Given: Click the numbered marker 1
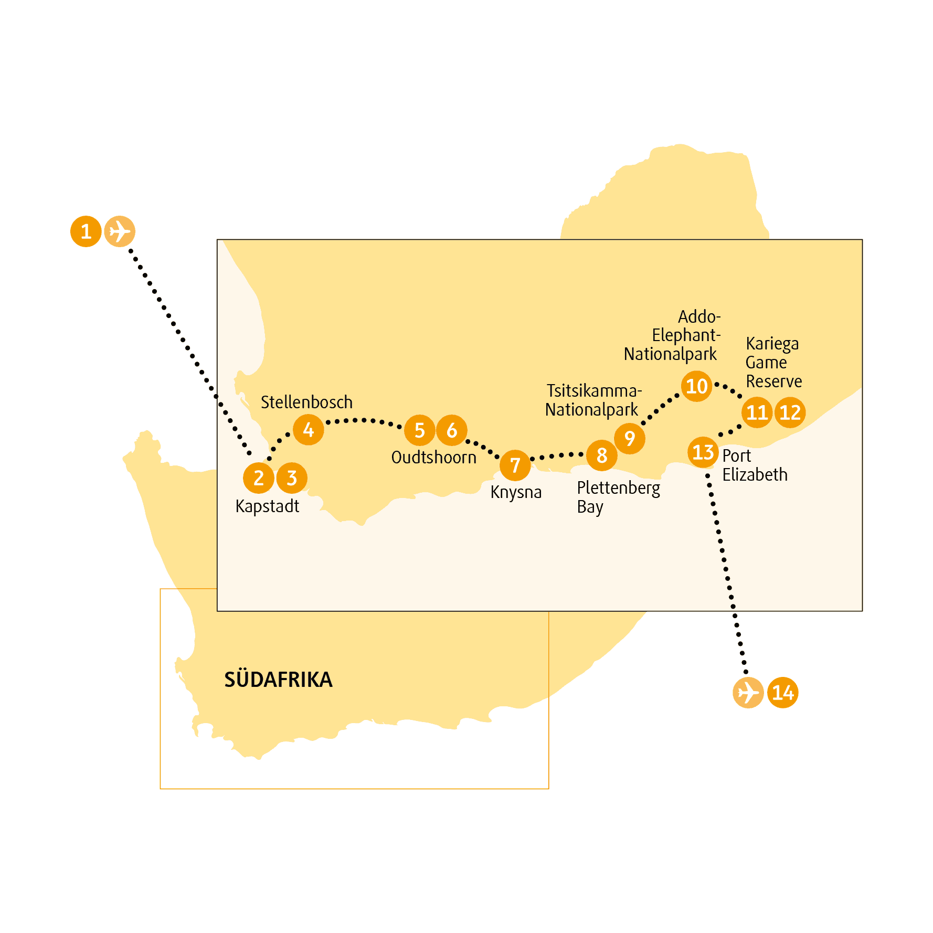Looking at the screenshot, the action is (86, 231).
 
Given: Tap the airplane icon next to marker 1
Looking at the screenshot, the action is (120, 231).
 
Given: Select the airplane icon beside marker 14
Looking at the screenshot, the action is (748, 693).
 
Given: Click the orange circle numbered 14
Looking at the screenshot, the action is (782, 693).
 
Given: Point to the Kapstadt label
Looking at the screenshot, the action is (267, 507).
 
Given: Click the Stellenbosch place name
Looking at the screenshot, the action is (306, 402).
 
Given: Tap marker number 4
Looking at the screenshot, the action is (309, 430).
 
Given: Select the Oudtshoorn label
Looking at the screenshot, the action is (434, 457).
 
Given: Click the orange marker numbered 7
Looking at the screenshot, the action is (515, 465).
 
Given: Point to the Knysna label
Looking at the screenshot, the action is (516, 493).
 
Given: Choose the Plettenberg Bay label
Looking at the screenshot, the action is (618, 497).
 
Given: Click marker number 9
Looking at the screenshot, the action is (630, 438).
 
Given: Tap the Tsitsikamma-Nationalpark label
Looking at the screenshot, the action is (593, 400).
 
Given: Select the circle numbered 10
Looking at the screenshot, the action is (697, 386).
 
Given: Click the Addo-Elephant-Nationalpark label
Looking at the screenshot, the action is (672, 335).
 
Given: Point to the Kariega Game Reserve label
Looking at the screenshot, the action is (774, 362).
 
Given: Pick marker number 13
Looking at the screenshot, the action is (703, 452).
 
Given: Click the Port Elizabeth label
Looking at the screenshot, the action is (755, 465).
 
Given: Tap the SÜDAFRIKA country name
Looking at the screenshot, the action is (278, 679).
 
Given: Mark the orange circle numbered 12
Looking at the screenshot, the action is (790, 412).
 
